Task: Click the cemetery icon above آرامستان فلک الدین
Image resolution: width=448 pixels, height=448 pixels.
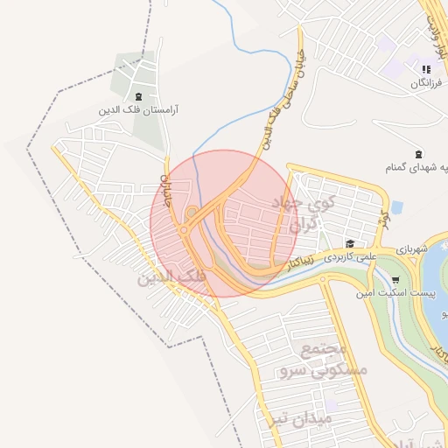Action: click(x=140, y=96)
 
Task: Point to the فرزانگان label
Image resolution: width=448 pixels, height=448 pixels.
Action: click(x=429, y=84)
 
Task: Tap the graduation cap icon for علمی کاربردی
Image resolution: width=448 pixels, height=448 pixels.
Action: click(x=350, y=244)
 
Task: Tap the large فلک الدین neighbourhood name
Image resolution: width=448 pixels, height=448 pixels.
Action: click(x=171, y=278)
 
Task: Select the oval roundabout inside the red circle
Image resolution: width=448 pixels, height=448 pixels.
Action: click(x=192, y=213)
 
